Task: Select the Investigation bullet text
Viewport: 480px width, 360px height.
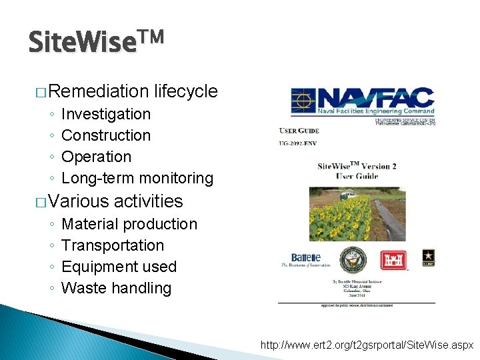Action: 106,114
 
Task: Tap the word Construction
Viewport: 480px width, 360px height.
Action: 106,135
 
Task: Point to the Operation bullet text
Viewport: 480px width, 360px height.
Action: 97,157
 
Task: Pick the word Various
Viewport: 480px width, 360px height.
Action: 79,201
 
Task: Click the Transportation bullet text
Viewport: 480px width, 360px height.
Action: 113,245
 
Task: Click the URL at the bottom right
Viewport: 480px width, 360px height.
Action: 367,346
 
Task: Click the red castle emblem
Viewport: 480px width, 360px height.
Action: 393,260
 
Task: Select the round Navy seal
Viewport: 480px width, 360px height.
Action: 353,260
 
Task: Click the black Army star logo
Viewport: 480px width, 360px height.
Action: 428,256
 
